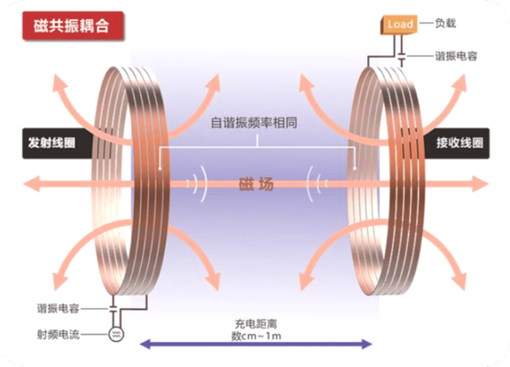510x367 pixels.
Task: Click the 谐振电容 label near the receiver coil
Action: [x=451, y=56]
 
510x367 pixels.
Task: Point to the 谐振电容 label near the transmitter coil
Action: [x=59, y=308]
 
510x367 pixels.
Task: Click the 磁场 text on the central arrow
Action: [x=255, y=184]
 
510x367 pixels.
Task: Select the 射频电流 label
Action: [x=59, y=335]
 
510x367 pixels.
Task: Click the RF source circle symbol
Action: [x=115, y=335]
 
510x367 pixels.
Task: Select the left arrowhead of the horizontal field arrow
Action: [x=29, y=183]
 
